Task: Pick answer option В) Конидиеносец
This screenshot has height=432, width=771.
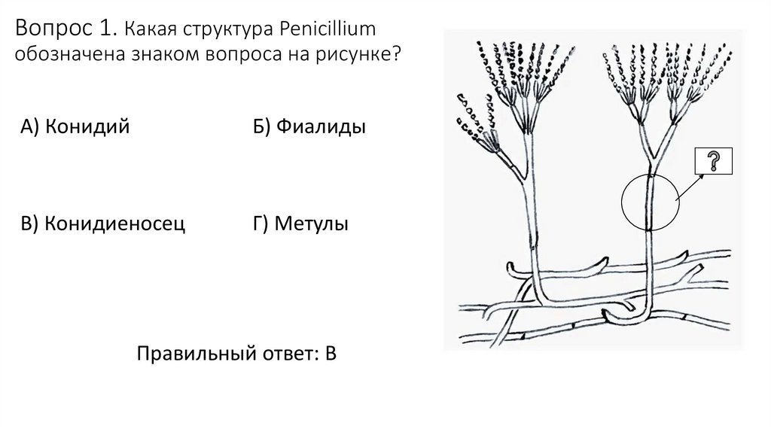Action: (103, 224)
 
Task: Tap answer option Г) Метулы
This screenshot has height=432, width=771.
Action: (300, 224)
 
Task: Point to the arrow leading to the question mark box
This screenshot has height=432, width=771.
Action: (691, 184)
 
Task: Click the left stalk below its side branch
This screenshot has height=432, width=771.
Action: (534, 226)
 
